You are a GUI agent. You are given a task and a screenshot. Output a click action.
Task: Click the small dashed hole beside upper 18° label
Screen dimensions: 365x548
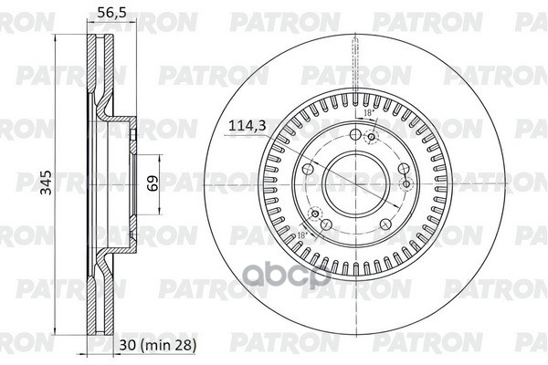click(x=370, y=138)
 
